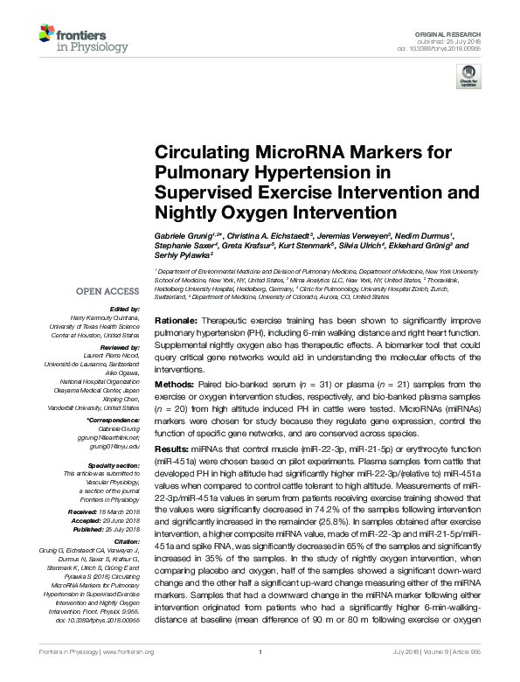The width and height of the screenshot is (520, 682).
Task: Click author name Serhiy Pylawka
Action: click(184, 257)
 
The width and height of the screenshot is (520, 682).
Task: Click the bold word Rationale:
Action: click(178, 312)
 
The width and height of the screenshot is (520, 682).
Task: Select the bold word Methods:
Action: click(176, 384)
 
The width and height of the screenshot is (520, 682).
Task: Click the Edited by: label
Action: click(123, 309)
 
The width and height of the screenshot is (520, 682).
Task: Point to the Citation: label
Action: click(124, 538)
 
